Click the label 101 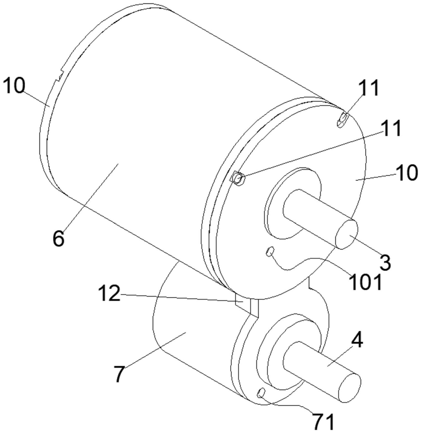point(365,282)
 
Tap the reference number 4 point(357,343)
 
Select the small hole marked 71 point(261,392)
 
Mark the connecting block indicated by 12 point(247,307)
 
